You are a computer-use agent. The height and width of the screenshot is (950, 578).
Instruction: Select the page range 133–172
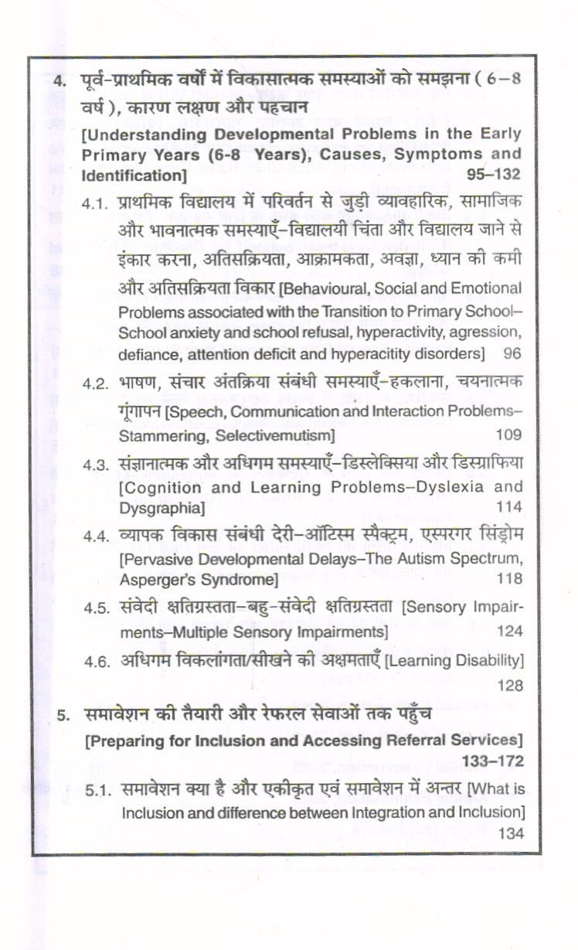point(494,761)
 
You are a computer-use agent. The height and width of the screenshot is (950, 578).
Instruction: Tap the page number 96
point(512,355)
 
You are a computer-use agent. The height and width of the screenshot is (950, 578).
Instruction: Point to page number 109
point(508,436)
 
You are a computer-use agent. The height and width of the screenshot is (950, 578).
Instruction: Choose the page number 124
point(509,631)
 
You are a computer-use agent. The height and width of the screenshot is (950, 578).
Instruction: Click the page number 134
point(511,833)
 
